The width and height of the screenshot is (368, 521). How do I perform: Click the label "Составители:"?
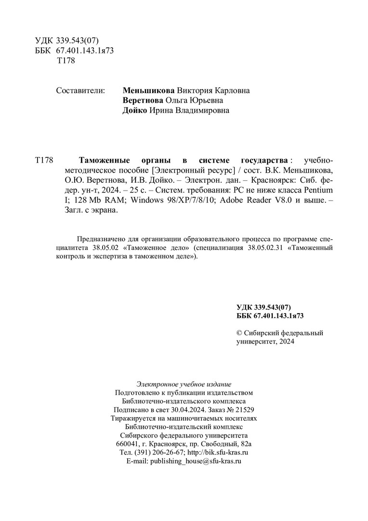[x=80, y=90]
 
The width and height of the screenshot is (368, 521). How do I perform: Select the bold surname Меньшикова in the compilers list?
[x=148, y=90]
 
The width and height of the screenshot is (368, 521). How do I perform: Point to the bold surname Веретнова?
[x=144, y=100]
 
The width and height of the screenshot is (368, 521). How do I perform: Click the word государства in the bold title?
[x=263, y=160]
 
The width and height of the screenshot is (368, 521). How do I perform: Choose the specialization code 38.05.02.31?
[x=266, y=247]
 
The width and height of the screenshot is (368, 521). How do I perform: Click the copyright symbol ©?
[x=239, y=333]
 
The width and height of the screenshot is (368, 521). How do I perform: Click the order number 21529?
[x=245, y=410]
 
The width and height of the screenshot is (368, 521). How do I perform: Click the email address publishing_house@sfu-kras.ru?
[x=196, y=461]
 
